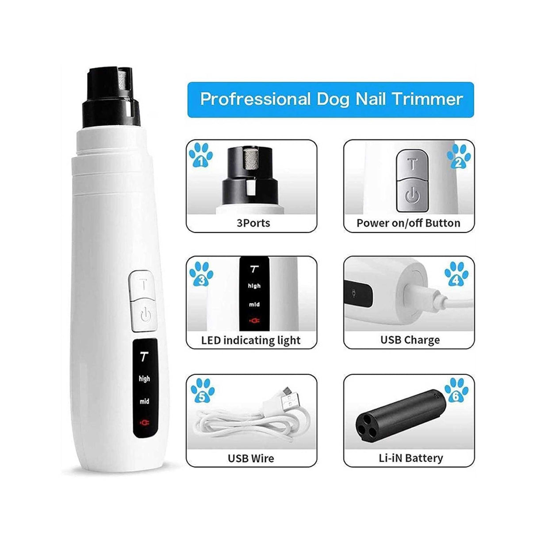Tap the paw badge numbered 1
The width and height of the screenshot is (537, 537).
pos(201,155)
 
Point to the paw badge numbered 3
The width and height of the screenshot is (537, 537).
pos(201,275)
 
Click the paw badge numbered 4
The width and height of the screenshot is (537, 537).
pos(456,274)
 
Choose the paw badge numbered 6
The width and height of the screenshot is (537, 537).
pos(457,391)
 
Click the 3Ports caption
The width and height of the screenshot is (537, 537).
pos(253,222)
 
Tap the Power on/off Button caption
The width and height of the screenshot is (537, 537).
pos(408,222)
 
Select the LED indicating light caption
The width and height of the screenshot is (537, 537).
pos(251,340)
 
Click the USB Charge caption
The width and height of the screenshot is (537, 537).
pos(410,340)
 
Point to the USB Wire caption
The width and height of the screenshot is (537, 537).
pos(251,458)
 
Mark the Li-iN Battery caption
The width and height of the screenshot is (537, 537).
pos(410,458)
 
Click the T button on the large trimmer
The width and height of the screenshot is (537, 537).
pos(144,284)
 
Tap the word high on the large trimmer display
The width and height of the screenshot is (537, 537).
pos(144,379)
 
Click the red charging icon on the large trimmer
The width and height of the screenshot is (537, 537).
pos(144,423)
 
